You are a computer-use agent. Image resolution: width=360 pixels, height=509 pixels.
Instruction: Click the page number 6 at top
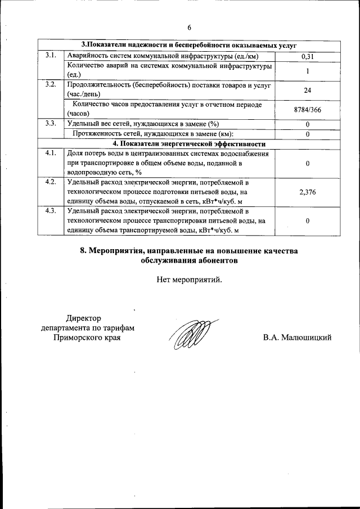click(x=189, y=28)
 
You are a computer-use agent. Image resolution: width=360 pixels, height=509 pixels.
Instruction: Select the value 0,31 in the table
click(x=308, y=56)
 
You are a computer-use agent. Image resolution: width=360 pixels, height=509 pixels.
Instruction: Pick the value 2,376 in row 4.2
click(x=308, y=192)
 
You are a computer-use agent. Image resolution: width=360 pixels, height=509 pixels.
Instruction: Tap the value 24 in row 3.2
click(x=308, y=90)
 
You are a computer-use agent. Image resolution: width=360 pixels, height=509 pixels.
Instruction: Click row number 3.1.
click(x=51, y=56)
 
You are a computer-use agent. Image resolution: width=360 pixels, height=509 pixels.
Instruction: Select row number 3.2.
click(x=51, y=85)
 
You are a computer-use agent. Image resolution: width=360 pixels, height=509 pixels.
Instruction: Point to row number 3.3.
click(x=51, y=123)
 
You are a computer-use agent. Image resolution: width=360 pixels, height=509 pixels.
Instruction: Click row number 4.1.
click(x=51, y=154)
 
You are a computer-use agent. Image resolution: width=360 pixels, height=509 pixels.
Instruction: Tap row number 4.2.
click(x=51, y=182)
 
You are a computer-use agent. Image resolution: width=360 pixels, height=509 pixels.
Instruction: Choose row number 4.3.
click(x=51, y=211)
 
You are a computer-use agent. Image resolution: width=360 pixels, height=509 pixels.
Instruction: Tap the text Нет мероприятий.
click(x=189, y=278)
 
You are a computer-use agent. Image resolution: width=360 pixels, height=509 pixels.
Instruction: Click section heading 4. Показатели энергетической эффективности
click(x=189, y=143)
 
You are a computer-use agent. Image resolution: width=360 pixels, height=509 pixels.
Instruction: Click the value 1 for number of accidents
click(x=308, y=71)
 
